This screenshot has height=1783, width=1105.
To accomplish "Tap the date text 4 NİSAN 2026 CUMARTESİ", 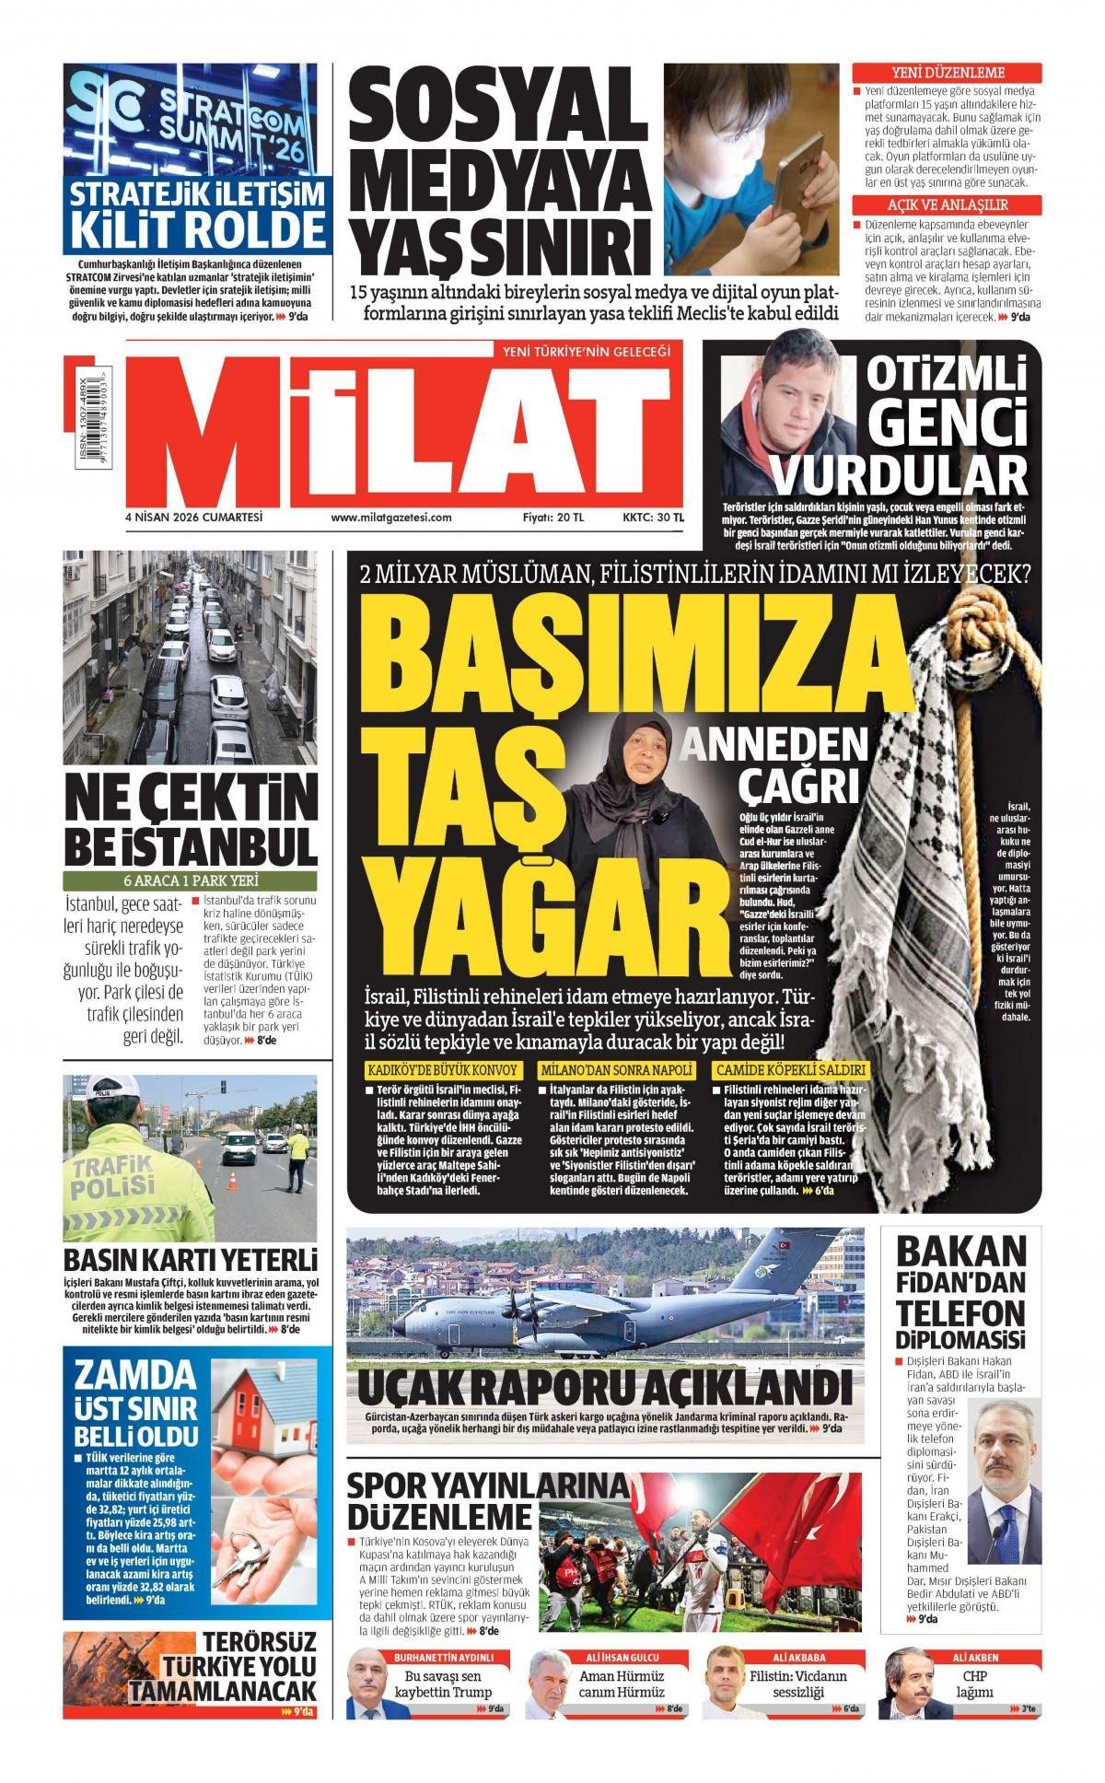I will click(194, 517).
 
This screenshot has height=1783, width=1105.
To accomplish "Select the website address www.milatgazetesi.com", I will click(391, 517).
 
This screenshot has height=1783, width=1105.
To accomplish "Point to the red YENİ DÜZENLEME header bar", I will click(948, 73).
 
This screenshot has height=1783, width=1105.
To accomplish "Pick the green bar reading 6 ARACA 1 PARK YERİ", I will click(190, 880).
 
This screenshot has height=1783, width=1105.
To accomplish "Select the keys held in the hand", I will click(241, 1556).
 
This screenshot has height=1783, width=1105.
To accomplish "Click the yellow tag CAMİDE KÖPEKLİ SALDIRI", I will click(791, 1070).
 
